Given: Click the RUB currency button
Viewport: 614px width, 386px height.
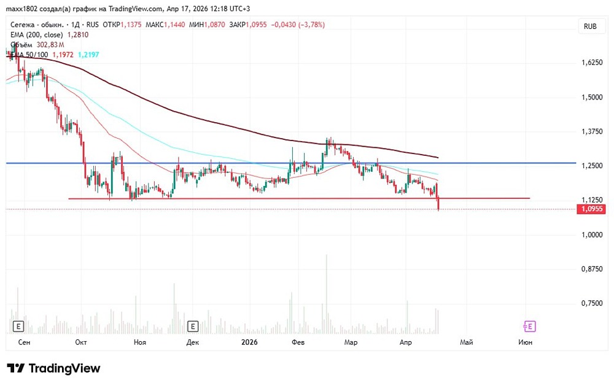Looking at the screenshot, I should [590, 26].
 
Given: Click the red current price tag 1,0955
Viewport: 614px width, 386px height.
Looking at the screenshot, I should [591, 209].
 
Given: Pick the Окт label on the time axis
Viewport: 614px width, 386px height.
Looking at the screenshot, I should [80, 342].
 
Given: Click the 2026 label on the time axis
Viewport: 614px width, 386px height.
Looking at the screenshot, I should [249, 342].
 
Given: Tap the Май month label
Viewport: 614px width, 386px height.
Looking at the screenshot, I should [467, 342].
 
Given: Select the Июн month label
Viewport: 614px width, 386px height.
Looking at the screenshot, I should [525, 342].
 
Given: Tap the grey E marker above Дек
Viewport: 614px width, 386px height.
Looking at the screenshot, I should [193, 326].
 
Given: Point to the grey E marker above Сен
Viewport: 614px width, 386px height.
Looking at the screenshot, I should [18, 326].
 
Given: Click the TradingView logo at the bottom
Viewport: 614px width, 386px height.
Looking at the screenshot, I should [53, 368].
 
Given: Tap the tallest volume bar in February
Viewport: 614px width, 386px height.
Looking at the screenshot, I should [327, 288].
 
